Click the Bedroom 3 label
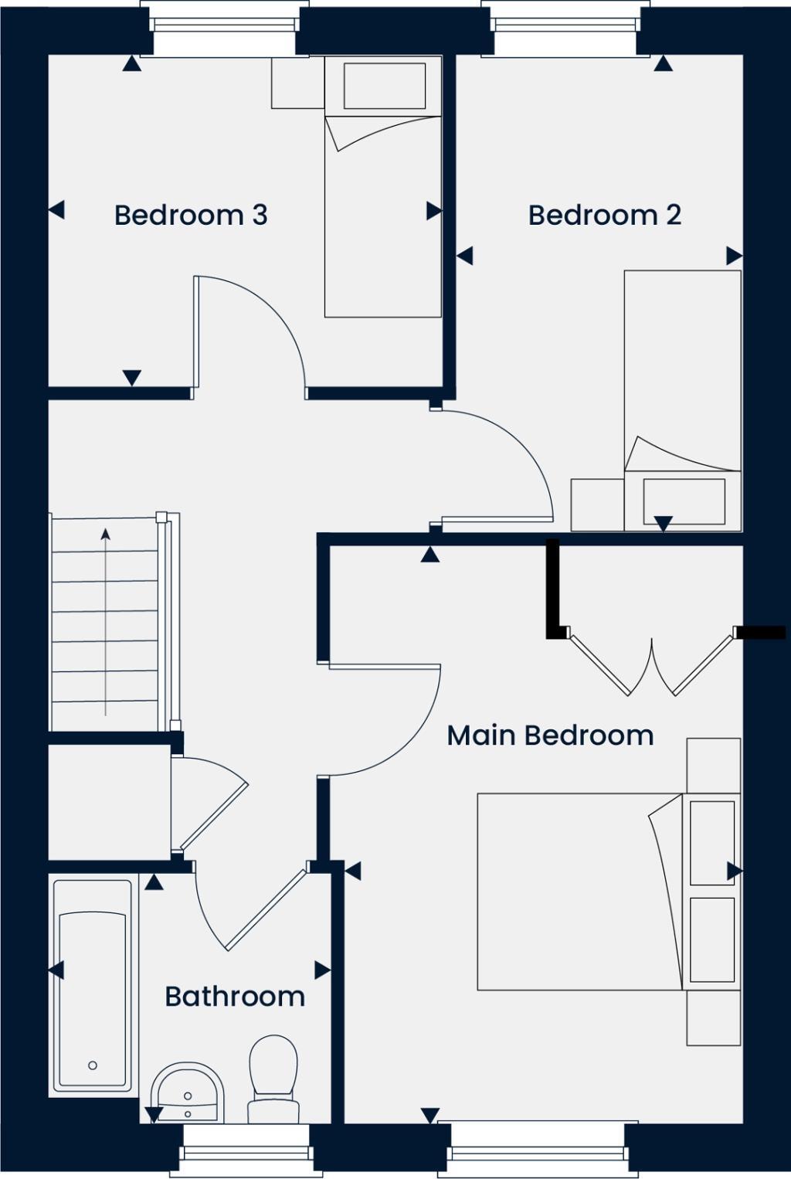(x=191, y=215)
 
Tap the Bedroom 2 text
(x=605, y=215)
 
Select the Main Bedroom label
(x=550, y=735)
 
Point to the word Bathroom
(x=235, y=996)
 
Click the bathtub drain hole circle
(x=93, y=1065)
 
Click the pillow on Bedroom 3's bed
(x=384, y=85)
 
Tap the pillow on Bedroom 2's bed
(x=684, y=501)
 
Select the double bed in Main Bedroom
(x=579, y=892)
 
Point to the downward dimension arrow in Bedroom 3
(x=132, y=378)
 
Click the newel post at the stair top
(x=161, y=517)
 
